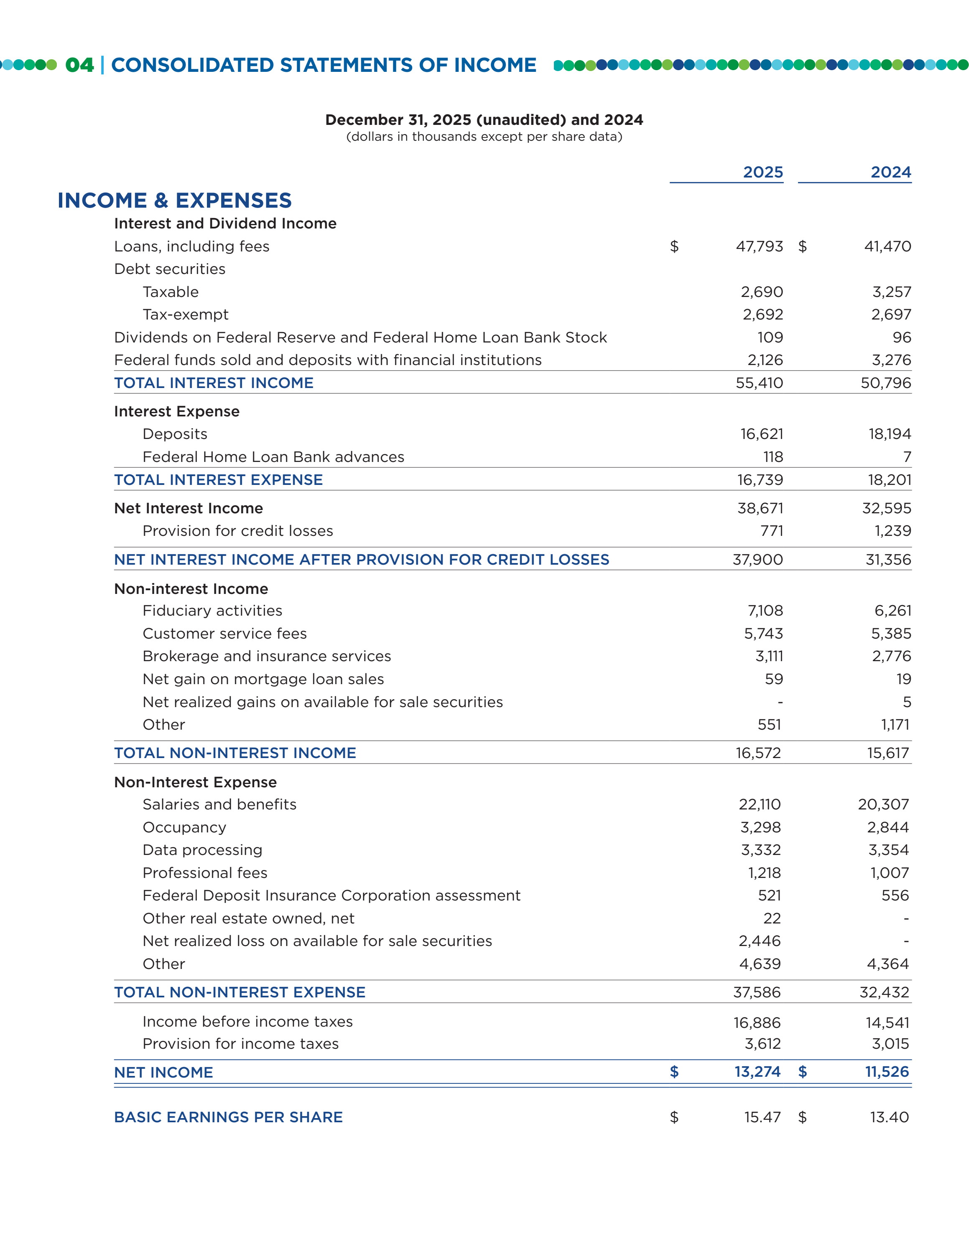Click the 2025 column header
[762, 172]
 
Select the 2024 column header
[890, 172]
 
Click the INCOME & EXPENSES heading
[174, 200]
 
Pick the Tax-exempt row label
[186, 315]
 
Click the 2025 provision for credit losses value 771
[772, 531]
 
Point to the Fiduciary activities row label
[212, 611]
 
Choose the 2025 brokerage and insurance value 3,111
[769, 656]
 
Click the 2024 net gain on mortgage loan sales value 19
[903, 679]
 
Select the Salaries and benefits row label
[219, 804]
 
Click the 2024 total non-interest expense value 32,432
[884, 992]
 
